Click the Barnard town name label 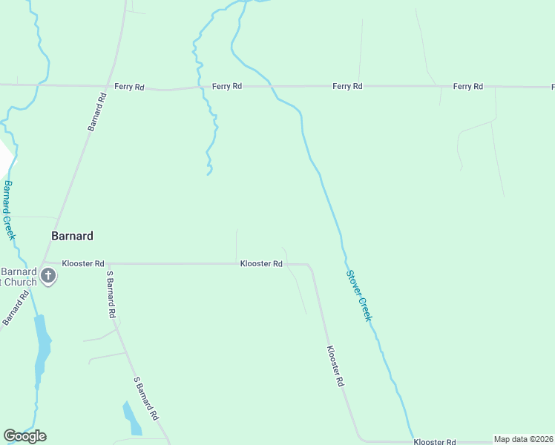(x=72, y=236)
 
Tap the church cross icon (x=48, y=277)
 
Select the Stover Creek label (x=358, y=294)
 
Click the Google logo (x=24, y=435)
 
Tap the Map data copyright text (x=523, y=439)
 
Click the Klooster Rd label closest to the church (x=83, y=263)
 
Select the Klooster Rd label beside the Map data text (x=435, y=441)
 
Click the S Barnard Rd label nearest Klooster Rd (x=111, y=294)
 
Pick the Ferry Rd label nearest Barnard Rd (x=129, y=87)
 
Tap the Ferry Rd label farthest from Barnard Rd (x=468, y=87)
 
